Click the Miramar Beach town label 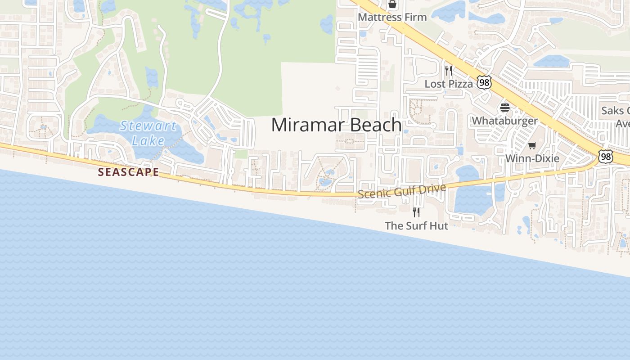click(x=336, y=125)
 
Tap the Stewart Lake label click(x=148, y=133)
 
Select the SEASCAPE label click(x=128, y=172)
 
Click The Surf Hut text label click(x=416, y=225)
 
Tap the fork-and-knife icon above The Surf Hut click(x=416, y=212)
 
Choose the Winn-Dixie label click(x=532, y=158)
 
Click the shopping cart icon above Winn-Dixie click(x=532, y=145)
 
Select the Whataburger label click(x=504, y=121)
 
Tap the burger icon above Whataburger click(x=504, y=108)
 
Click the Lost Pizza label click(x=449, y=84)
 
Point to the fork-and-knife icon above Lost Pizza click(x=449, y=71)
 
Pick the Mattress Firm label click(x=392, y=17)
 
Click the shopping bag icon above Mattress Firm click(x=392, y=4)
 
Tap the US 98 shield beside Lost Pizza click(x=484, y=82)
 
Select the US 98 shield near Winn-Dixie click(x=606, y=157)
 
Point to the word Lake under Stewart click(x=148, y=141)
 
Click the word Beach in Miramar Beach click(x=376, y=125)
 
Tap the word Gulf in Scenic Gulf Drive click(x=403, y=191)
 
